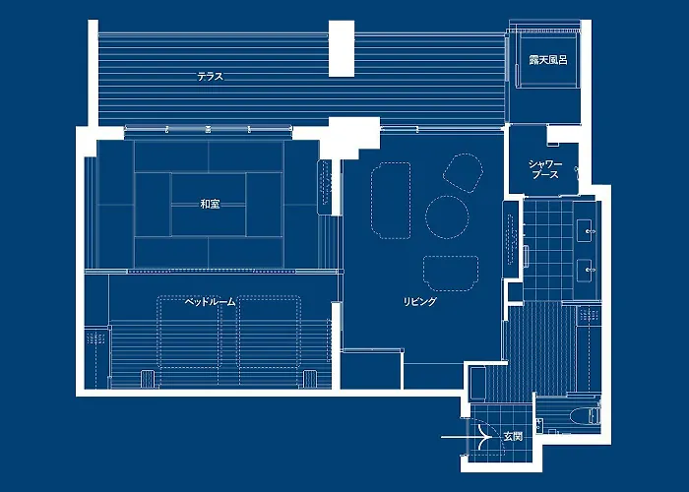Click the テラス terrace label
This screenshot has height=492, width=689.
tap(210, 77)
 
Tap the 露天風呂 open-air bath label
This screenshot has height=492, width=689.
tap(548, 60)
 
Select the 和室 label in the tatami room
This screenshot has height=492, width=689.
tap(210, 204)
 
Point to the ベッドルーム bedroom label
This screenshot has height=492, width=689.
tap(210, 302)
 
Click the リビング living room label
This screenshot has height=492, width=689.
tap(420, 301)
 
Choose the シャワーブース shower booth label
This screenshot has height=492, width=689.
tap(545, 169)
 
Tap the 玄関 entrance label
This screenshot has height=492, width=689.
tap(513, 437)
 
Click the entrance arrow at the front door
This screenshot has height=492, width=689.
tap(467, 437)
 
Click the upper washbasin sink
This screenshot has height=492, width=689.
tap(587, 230)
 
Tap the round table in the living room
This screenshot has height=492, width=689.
tap(447, 217)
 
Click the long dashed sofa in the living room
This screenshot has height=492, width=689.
tap(391, 201)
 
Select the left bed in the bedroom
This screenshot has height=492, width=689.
tap(189, 332)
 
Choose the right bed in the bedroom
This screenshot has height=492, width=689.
tap(270, 332)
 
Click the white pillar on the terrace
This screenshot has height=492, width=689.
tap(342, 48)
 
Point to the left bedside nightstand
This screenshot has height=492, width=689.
tap(148, 379)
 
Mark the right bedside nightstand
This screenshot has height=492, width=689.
tap(310, 379)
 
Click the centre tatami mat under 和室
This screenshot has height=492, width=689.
tap(209, 205)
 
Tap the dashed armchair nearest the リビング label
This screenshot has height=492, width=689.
tap(451, 274)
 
